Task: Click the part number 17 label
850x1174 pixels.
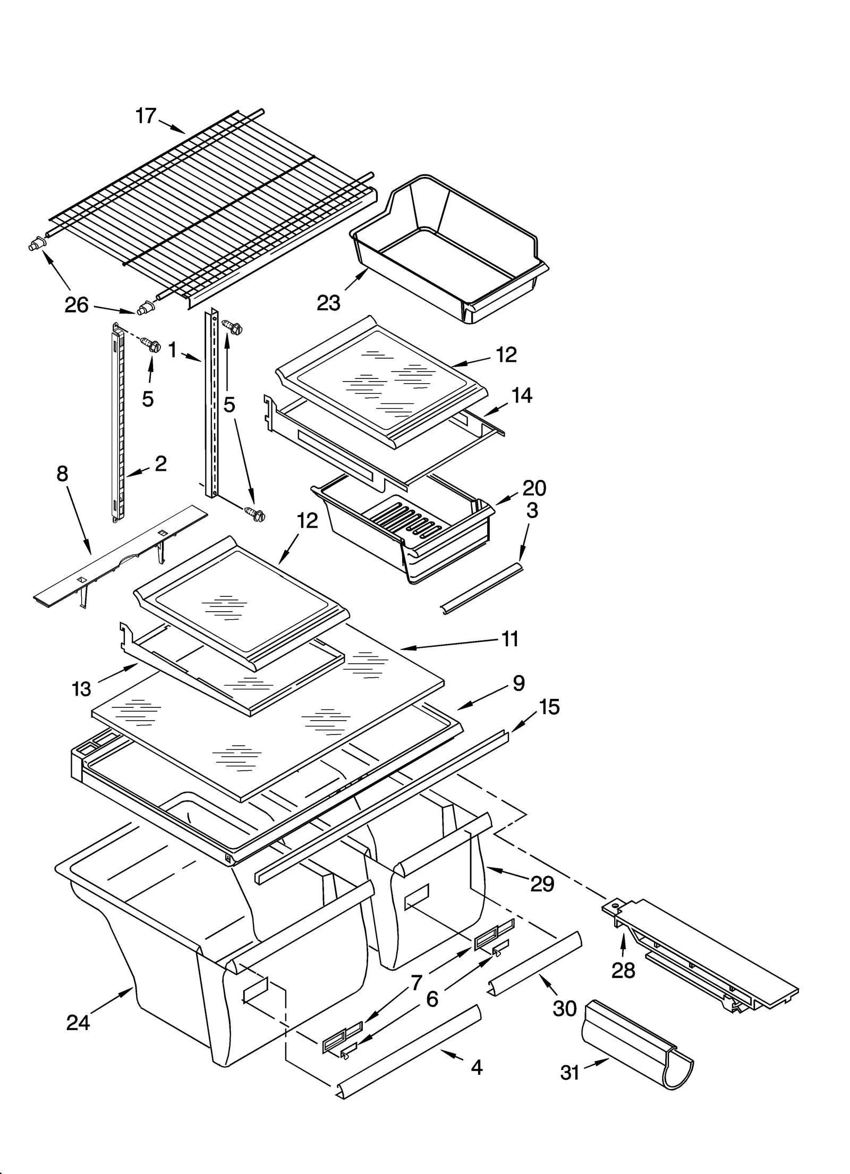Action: click(146, 115)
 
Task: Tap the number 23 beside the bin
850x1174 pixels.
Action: click(328, 303)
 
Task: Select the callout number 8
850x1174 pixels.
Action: click(63, 474)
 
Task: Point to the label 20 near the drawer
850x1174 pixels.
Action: click(534, 488)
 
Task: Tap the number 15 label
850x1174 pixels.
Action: click(549, 707)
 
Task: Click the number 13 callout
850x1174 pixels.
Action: click(82, 689)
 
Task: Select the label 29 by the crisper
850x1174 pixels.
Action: click(542, 884)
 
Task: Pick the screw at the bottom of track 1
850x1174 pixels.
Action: click(255, 514)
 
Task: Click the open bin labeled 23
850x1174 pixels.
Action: click(452, 250)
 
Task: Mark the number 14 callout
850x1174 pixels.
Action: click(522, 395)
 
